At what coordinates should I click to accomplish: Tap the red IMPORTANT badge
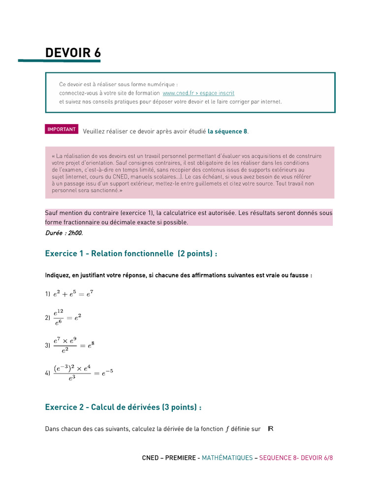click(x=62, y=129)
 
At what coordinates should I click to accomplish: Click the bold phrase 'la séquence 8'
click(x=227, y=131)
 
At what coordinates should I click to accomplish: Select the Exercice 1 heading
click(x=131, y=253)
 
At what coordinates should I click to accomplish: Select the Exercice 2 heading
click(x=124, y=407)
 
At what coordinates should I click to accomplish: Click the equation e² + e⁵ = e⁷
click(x=73, y=294)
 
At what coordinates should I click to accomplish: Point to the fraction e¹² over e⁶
click(x=59, y=318)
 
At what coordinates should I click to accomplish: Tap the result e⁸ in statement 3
click(x=91, y=346)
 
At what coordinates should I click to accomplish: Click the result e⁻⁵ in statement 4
click(x=107, y=373)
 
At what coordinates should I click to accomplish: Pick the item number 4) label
click(x=48, y=374)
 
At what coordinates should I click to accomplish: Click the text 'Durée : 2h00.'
click(x=64, y=233)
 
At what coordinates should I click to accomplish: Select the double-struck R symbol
click(x=270, y=429)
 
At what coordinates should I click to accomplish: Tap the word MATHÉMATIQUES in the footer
click(x=227, y=458)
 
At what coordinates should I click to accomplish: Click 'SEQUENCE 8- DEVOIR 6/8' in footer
click(x=296, y=458)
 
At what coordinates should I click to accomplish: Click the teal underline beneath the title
click(x=59, y=61)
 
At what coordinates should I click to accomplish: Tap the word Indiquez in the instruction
click(x=58, y=275)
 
